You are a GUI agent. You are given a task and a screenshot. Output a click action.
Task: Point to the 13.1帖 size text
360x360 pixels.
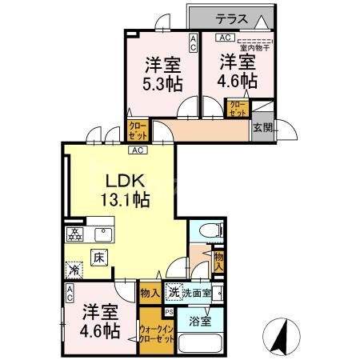click(x=118, y=202)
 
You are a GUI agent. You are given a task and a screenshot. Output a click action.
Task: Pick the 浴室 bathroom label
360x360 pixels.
click(x=200, y=321)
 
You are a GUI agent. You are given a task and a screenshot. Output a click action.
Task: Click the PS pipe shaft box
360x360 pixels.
click(x=168, y=311)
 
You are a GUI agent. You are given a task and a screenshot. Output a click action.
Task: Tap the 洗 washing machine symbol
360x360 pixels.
click(x=174, y=292)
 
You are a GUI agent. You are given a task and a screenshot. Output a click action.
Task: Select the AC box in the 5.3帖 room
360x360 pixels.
click(x=193, y=41)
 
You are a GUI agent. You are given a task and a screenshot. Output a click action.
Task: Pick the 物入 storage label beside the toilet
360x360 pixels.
click(x=219, y=262)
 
